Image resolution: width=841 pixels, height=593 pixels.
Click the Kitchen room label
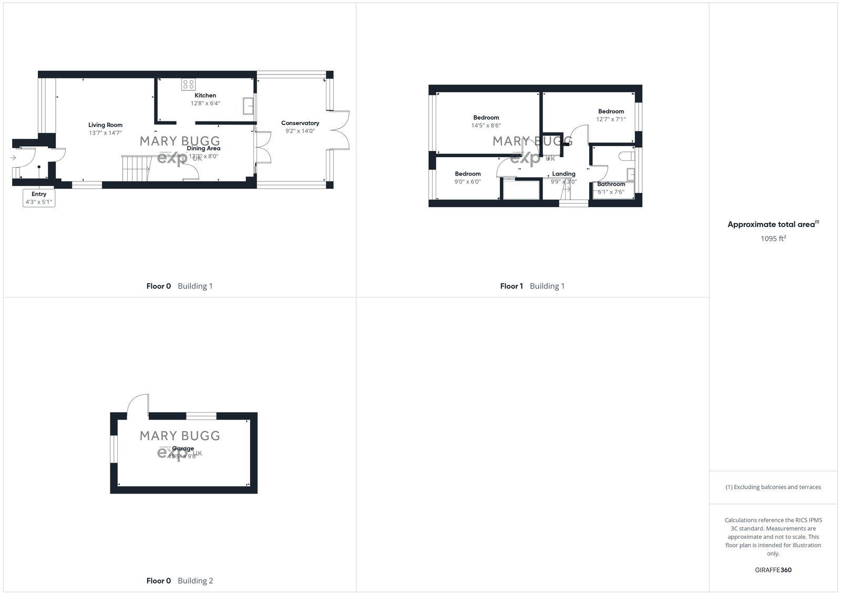pos(205,95)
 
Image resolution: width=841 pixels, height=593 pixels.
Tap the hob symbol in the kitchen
pos(188,84)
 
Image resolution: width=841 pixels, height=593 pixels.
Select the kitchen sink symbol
pos(248,106)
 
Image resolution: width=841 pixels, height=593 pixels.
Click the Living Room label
pos(105,125)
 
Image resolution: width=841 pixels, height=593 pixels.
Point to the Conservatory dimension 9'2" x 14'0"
pos(300,131)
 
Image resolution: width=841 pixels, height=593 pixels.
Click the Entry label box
pos(39,198)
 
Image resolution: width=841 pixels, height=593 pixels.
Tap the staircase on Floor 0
pos(136,168)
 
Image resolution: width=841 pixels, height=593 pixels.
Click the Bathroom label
pos(611,184)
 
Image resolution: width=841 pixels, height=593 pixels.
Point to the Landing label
pos(563,173)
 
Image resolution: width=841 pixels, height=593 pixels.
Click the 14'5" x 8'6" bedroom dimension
pos(486,126)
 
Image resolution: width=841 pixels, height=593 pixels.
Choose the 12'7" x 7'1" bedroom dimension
pos(611,119)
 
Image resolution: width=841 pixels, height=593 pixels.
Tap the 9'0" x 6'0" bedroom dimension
pos(467,182)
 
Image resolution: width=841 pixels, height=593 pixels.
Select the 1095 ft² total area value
pos(773,238)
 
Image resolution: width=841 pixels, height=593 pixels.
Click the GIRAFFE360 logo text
pos(773,570)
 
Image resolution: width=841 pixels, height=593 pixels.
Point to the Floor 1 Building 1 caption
pos(532,286)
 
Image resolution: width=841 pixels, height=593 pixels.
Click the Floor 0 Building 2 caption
pos(179,581)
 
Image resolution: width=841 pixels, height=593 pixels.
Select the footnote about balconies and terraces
pos(773,487)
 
